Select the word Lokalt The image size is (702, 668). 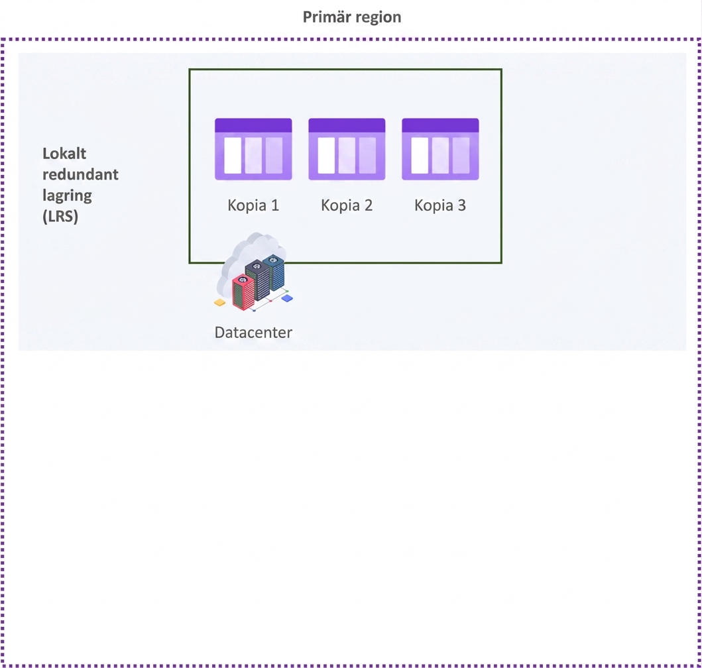pyautogui.click(x=64, y=154)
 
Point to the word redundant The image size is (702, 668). pyautogui.click(x=81, y=174)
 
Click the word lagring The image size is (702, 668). pyautogui.click(x=67, y=195)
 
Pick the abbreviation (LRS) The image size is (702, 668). pyautogui.click(x=60, y=216)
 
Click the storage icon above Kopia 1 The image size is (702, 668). pyautogui.click(x=253, y=149)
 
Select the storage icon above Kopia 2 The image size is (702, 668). pyautogui.click(x=347, y=149)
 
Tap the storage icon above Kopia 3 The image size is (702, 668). pyautogui.click(x=441, y=149)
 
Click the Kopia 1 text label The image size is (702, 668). pyautogui.click(x=253, y=205)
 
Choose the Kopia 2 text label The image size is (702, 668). pyautogui.click(x=347, y=205)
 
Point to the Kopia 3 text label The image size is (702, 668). pyautogui.click(x=441, y=205)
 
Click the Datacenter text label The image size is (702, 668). pyautogui.click(x=253, y=332)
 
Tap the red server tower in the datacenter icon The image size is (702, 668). pyautogui.click(x=243, y=292)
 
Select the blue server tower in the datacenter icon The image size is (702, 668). pyautogui.click(x=274, y=272)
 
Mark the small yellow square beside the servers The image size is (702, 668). pyautogui.click(x=220, y=303)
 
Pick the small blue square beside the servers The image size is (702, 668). pyautogui.click(x=287, y=298)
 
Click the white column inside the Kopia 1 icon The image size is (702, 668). pyautogui.click(x=233, y=155)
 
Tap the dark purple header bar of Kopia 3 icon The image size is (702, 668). pyautogui.click(x=441, y=125)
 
